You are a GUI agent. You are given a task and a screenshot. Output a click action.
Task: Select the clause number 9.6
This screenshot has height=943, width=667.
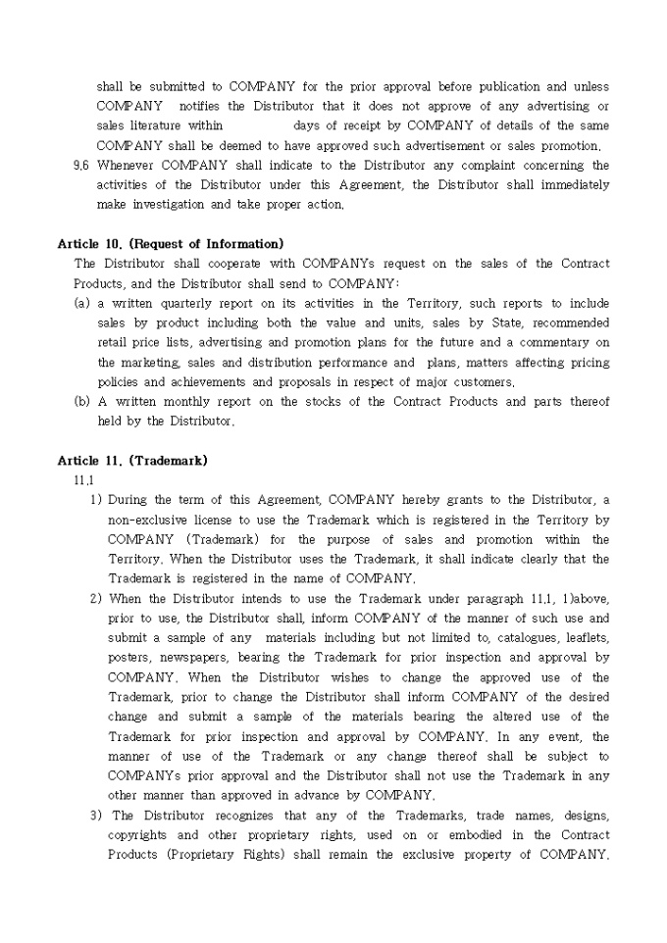pyautogui.click(x=81, y=166)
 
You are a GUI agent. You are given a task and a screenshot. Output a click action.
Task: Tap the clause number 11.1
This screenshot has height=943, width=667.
pyautogui.click(x=83, y=480)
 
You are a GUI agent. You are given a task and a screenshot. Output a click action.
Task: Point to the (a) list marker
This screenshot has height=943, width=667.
pyautogui.click(x=82, y=303)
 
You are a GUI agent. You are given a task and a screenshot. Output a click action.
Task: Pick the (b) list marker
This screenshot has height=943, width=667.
pyautogui.click(x=82, y=402)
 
